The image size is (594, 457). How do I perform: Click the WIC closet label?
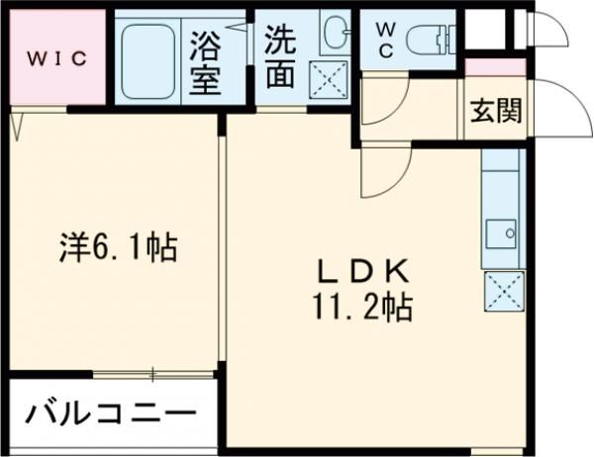tap(56, 56)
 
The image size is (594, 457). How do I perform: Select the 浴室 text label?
tap(206, 61)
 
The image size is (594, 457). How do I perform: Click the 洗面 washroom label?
tap(280, 57)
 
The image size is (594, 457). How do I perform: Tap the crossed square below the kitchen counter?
tap(501, 291)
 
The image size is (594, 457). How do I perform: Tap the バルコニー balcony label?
tap(109, 412)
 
